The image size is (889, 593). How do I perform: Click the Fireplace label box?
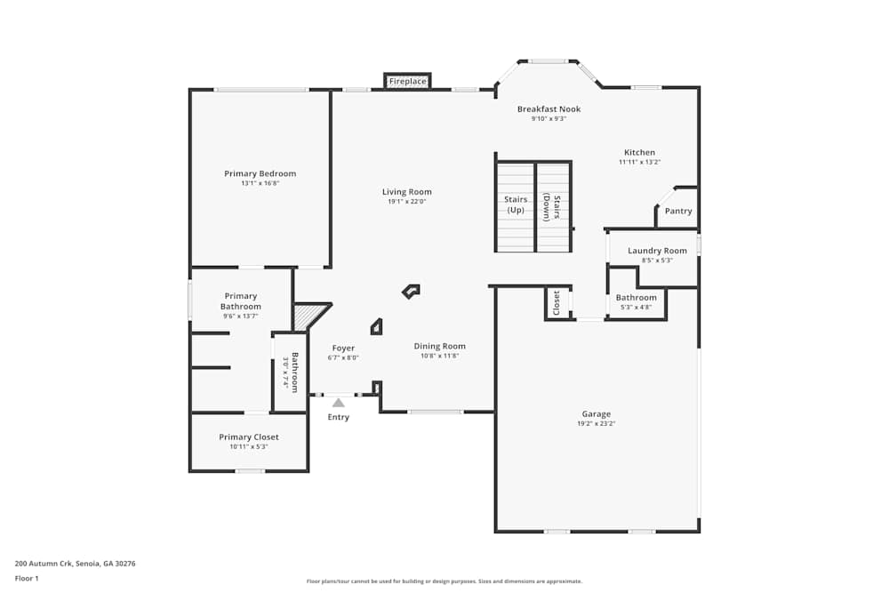pyautogui.click(x=408, y=82)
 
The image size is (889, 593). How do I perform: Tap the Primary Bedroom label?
pyautogui.click(x=260, y=173)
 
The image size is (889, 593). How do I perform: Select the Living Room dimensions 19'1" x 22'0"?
pyautogui.click(x=407, y=202)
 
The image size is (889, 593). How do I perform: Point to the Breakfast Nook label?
pyautogui.click(x=549, y=109)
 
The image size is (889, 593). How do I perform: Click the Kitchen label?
pyautogui.click(x=639, y=153)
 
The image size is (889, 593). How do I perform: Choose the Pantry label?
pyautogui.click(x=678, y=212)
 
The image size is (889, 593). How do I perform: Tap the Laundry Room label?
pyautogui.click(x=657, y=251)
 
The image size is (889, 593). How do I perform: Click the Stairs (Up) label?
pyautogui.click(x=516, y=205)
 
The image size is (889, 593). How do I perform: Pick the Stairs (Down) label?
pyautogui.click(x=551, y=208)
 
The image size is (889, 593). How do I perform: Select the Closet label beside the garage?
pyautogui.click(x=557, y=302)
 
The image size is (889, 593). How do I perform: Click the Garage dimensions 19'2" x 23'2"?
pyautogui.click(x=597, y=424)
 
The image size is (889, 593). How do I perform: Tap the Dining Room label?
pyautogui.click(x=439, y=347)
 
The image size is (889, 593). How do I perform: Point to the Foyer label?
pyautogui.click(x=343, y=349)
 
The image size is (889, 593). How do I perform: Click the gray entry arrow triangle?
pyautogui.click(x=338, y=403)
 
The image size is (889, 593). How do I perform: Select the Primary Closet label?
pyautogui.click(x=249, y=437)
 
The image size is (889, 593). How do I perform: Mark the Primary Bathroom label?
pyautogui.click(x=241, y=301)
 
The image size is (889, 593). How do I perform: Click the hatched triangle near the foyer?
pyautogui.click(x=308, y=315)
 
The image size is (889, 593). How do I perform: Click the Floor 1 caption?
pyautogui.click(x=27, y=578)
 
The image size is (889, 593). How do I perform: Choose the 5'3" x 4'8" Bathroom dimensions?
pyautogui.click(x=636, y=308)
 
